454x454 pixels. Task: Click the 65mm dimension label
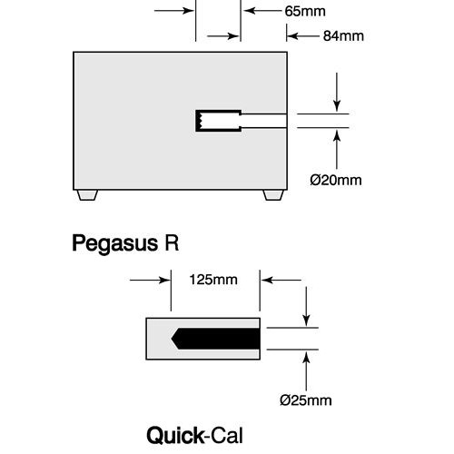[x=305, y=11]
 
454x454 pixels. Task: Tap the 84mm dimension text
[x=343, y=36]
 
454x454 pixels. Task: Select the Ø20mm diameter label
[x=336, y=180]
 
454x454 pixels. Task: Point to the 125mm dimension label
[x=213, y=280]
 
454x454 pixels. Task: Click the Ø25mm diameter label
[x=306, y=400]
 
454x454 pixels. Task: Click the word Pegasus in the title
[x=115, y=244]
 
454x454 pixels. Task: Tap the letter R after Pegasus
[x=172, y=242]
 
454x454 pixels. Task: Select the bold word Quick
[x=175, y=436]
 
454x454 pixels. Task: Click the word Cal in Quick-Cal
[x=227, y=436]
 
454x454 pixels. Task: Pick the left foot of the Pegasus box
[x=87, y=195]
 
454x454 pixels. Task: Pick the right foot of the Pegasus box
[x=273, y=195]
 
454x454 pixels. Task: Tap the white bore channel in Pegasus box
[x=263, y=121]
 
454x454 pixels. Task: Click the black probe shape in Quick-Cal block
[x=215, y=339]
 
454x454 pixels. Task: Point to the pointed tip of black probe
[x=172, y=339]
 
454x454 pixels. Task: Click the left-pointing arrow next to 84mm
[x=303, y=36]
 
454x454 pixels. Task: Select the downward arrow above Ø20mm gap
[x=337, y=92]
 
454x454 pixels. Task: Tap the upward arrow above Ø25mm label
[x=307, y=371]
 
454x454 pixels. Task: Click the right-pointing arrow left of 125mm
[x=150, y=280]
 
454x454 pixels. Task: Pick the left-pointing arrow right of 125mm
[x=281, y=280]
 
